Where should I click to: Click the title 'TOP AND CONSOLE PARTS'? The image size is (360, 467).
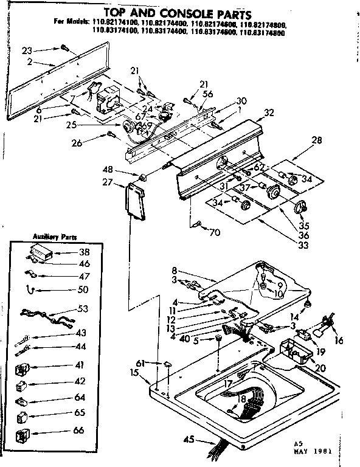click(180, 12)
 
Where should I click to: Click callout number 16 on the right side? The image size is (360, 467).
click(339, 341)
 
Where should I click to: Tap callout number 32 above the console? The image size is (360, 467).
click(269, 112)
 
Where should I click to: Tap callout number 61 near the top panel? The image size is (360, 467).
click(140, 362)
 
